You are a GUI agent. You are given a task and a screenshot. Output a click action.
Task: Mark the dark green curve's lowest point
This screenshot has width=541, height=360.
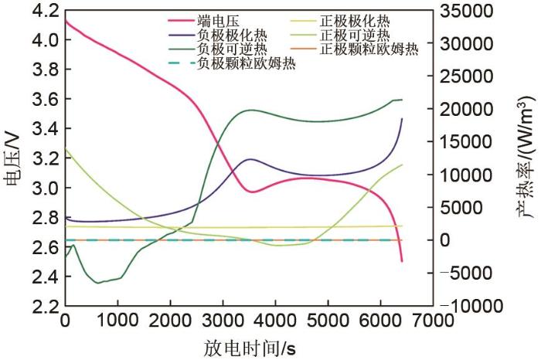[x=98, y=283]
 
